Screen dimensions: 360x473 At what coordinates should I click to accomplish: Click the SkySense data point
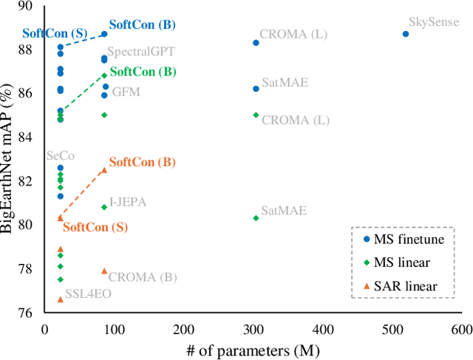[406, 34]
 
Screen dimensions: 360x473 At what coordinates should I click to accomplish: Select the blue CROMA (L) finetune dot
[256, 43]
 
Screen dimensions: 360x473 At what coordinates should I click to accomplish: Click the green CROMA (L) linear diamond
[256, 115]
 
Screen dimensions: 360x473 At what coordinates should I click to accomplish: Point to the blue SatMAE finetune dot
[256, 89]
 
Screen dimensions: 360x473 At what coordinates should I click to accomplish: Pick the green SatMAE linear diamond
[256, 218]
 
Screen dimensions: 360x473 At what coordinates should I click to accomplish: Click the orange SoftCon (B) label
[142, 163]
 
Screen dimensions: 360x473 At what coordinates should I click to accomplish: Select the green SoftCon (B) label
[143, 72]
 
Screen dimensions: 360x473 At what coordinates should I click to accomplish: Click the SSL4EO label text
[88, 293]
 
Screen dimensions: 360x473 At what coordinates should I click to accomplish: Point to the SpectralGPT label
[140, 52]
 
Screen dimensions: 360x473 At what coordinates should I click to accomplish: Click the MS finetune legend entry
[404, 239]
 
